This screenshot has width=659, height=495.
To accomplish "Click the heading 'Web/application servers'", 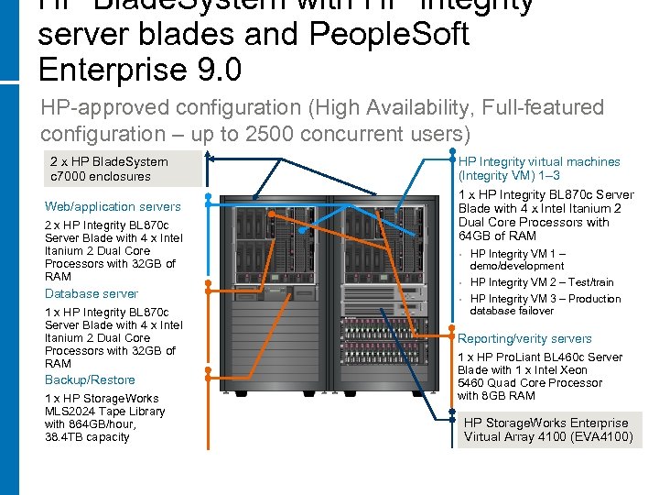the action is tap(113, 206).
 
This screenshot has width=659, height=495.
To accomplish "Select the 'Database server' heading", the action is tap(92, 293).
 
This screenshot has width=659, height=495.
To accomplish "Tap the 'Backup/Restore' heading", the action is tap(90, 379).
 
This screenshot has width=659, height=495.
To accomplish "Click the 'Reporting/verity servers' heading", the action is tap(524, 338).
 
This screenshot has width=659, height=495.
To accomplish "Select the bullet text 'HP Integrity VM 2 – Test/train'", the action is tap(542, 282).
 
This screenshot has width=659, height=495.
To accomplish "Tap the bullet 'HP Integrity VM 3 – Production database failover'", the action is tap(545, 304).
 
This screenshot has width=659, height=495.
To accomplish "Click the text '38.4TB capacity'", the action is tap(87, 437).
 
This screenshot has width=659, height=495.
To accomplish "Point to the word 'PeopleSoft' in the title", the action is tap(404, 35).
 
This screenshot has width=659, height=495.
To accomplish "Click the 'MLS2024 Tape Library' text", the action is tap(105, 412).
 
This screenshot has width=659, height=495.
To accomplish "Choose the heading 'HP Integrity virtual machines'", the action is tap(539, 161).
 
